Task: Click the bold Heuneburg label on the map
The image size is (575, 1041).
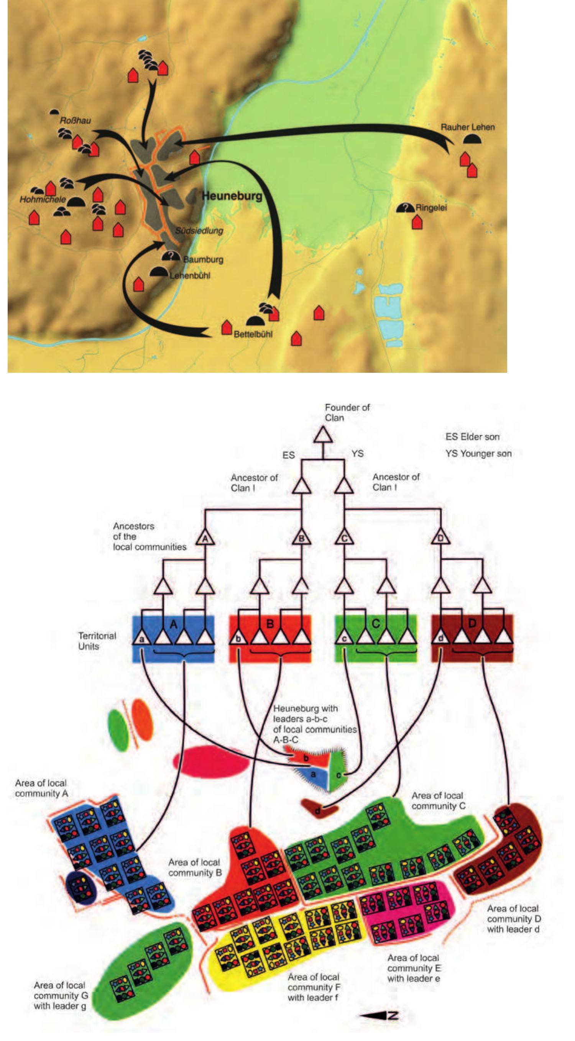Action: (232, 196)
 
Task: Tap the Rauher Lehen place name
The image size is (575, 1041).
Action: (467, 127)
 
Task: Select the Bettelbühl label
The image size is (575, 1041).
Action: (253, 334)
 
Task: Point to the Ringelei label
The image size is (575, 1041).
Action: (431, 208)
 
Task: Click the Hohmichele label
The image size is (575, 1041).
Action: (43, 199)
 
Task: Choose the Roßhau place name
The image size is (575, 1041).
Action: (75, 120)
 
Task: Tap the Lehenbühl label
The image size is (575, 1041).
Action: (190, 275)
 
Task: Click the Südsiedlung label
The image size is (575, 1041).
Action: (199, 231)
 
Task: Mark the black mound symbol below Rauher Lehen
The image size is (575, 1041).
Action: (472, 139)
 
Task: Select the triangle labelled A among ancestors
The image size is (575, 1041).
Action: (205, 538)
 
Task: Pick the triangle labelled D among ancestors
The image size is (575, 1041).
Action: (441, 537)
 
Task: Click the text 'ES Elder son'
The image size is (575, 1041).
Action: (472, 436)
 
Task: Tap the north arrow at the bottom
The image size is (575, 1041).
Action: (379, 1016)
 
